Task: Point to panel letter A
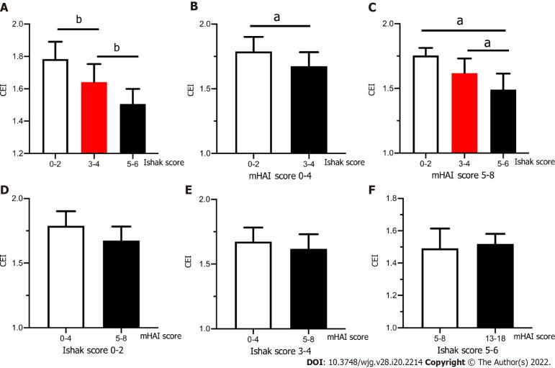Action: (7, 7)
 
